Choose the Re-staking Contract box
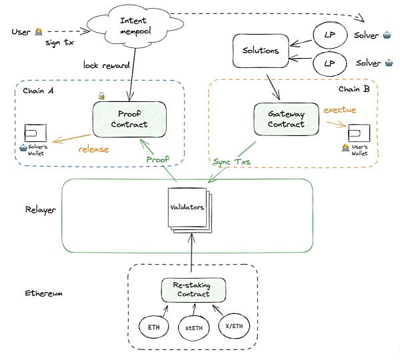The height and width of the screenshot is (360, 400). [x=193, y=289]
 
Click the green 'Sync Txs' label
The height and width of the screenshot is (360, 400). [x=231, y=162]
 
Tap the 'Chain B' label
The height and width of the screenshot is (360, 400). [x=349, y=89]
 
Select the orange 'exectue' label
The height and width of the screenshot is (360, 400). [x=340, y=109]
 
